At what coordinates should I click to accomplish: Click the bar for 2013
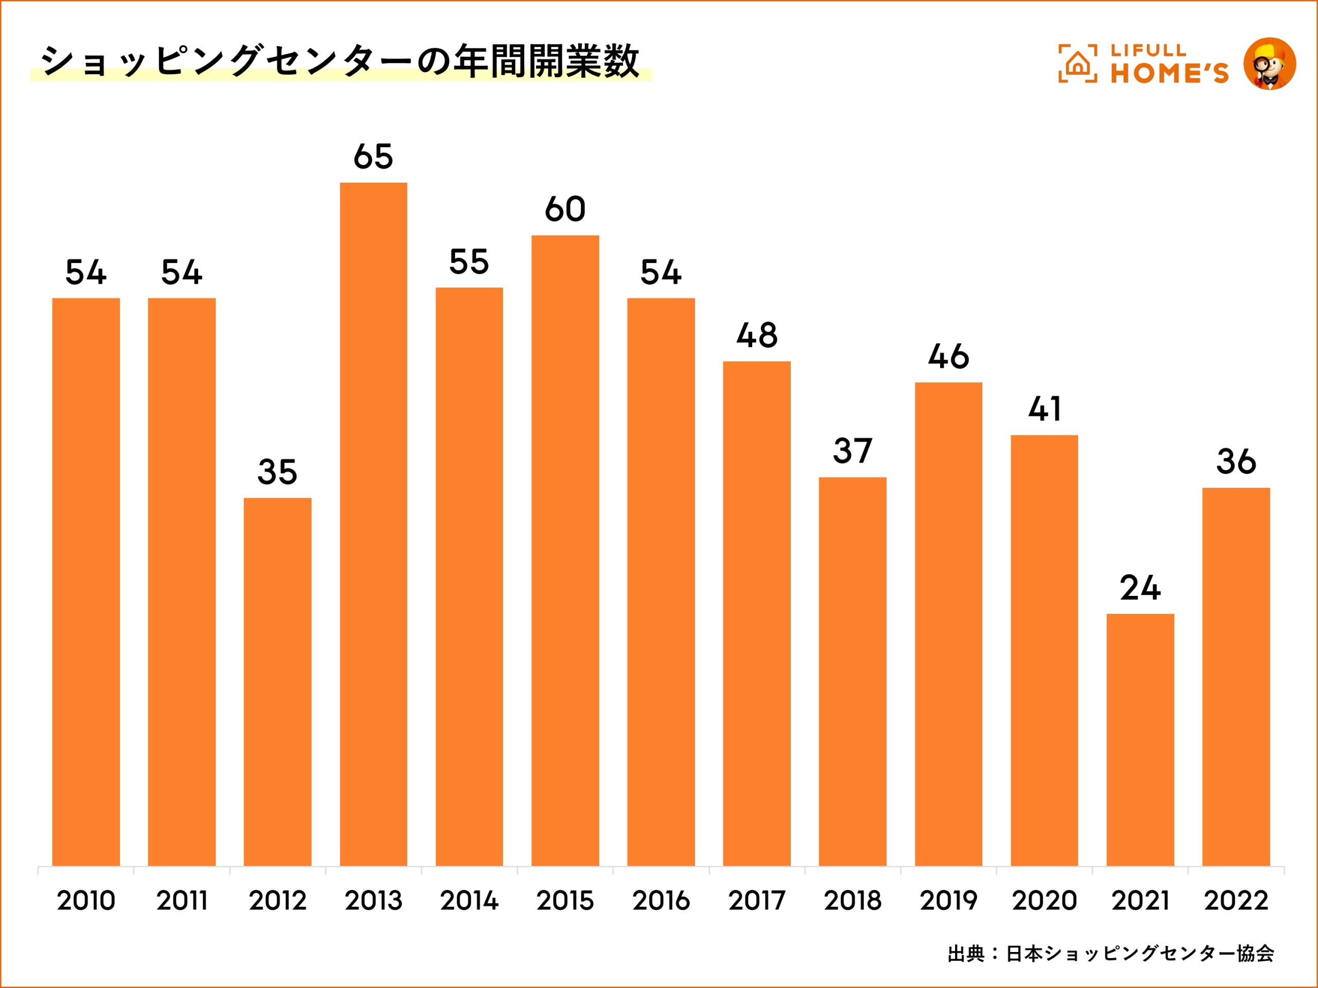tap(374, 524)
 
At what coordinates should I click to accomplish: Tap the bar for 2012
tap(278, 682)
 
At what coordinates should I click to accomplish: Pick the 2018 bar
tap(853, 671)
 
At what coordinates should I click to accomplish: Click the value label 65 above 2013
tap(374, 156)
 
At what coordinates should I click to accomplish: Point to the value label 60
tap(565, 209)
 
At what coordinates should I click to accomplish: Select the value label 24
tap(1140, 588)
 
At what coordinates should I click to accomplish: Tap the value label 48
tap(757, 336)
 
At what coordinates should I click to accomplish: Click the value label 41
tap(1045, 409)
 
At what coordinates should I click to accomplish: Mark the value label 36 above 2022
tap(1236, 462)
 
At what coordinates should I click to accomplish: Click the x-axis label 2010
tap(86, 901)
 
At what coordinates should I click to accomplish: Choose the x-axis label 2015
tap(565, 901)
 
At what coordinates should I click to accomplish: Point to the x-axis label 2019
tap(948, 901)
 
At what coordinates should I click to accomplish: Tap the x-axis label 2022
tap(1236, 901)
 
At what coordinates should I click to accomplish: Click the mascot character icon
tap(1270, 64)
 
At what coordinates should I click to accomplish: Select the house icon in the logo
tap(1077, 63)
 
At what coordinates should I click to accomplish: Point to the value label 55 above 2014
tap(469, 261)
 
